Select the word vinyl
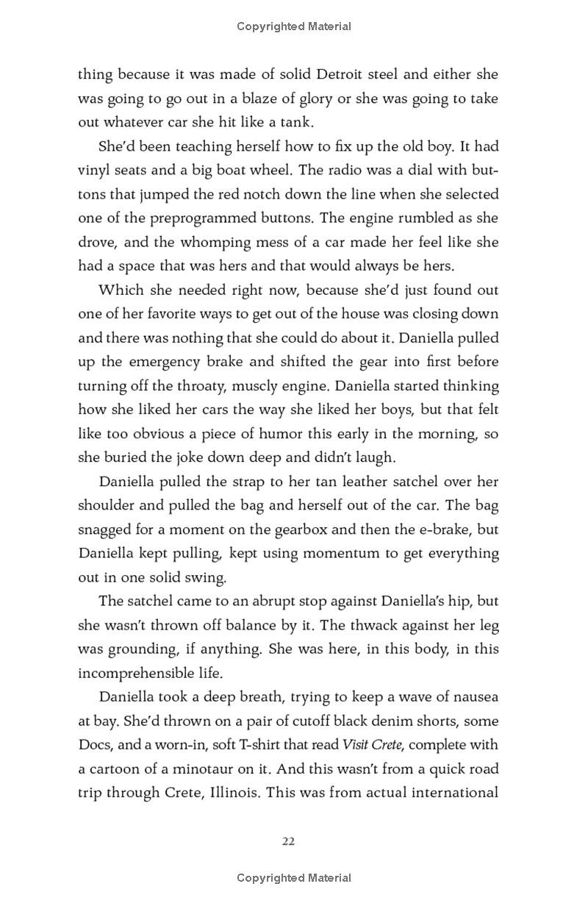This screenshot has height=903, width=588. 94,171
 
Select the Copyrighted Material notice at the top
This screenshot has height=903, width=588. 294,26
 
